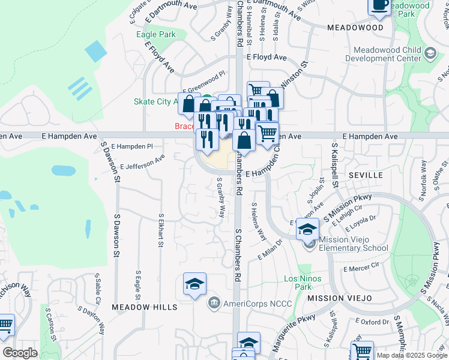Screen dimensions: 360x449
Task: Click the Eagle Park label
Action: point(155,34)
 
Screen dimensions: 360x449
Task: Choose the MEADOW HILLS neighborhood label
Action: point(145,307)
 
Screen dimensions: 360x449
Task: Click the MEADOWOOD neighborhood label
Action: point(355,28)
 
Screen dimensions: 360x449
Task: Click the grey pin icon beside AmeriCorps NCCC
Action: point(212,304)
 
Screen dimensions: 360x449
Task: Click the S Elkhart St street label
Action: point(161,230)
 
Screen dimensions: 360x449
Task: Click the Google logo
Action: point(20,353)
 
